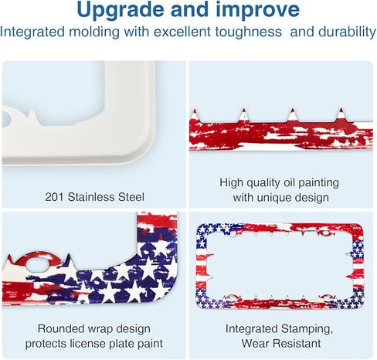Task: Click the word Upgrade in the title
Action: [120, 11]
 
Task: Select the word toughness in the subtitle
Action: [249, 32]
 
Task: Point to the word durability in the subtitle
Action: [347, 32]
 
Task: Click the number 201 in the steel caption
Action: [54, 197]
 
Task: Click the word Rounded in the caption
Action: [61, 329]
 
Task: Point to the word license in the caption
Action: [87, 344]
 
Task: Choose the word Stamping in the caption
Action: [307, 329]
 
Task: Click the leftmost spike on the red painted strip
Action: [195, 114]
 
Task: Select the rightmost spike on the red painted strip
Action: [341, 114]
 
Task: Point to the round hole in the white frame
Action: [5, 120]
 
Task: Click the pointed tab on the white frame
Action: [32, 115]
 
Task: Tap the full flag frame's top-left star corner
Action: [206, 230]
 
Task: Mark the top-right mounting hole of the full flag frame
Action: [326, 233]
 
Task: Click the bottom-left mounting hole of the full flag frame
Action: [233, 297]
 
